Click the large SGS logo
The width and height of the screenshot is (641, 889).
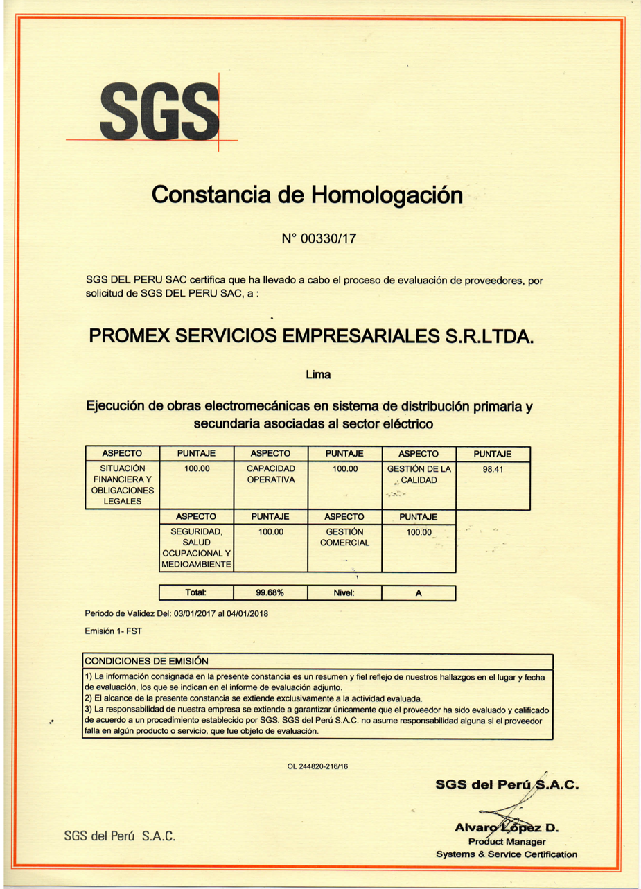tap(159, 112)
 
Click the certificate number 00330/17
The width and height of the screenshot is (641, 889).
tap(319, 240)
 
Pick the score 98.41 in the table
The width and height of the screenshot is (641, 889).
tap(492, 469)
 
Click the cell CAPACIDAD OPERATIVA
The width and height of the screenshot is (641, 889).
tap(270, 474)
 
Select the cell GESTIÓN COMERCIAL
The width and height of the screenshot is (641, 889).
tap(344, 537)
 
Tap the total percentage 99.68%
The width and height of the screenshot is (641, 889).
tap(270, 593)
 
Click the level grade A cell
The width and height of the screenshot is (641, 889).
tap(419, 593)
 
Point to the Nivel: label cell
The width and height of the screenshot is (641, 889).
tap(344, 593)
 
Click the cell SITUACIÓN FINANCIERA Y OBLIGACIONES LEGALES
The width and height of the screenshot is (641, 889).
tap(121, 485)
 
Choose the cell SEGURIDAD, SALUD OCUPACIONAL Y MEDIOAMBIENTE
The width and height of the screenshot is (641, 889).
tap(196, 548)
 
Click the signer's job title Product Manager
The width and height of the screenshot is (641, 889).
tap(507, 841)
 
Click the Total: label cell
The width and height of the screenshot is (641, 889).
tap(196, 593)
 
